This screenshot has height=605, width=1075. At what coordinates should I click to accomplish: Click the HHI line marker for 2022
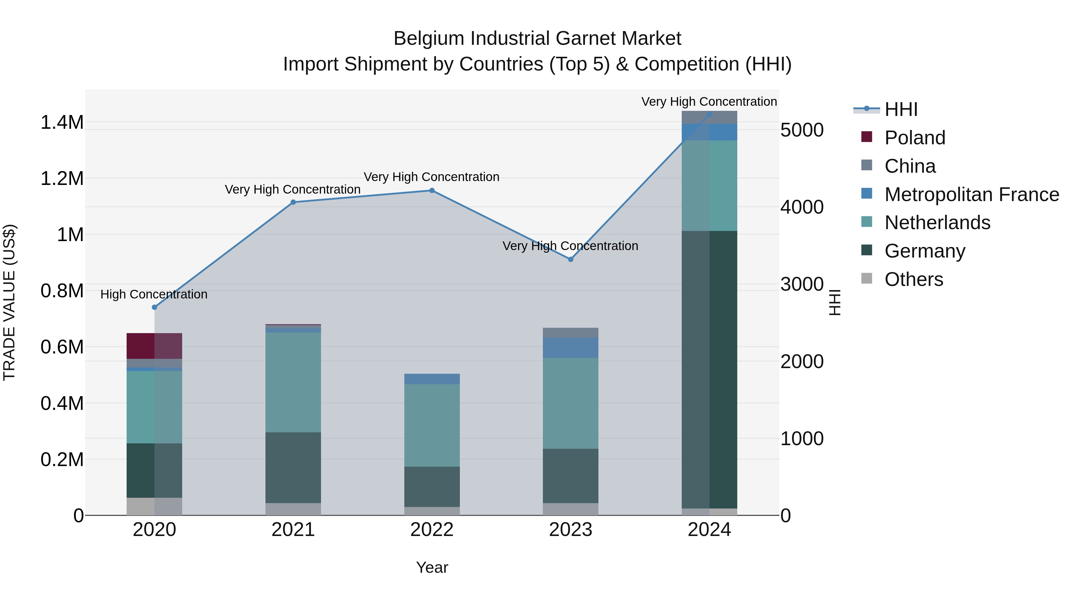(x=432, y=190)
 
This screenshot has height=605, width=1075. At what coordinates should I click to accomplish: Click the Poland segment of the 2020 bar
(x=154, y=346)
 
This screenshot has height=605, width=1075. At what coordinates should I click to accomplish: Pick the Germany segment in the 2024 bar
(x=709, y=370)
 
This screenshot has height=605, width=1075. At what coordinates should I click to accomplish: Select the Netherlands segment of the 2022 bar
(x=432, y=425)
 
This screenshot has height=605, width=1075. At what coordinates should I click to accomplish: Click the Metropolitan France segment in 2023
(x=570, y=348)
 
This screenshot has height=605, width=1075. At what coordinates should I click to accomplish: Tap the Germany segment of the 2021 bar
(x=293, y=467)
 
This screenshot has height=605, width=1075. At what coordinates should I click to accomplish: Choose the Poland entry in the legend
(x=914, y=138)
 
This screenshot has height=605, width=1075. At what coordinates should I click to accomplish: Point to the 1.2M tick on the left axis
(x=62, y=179)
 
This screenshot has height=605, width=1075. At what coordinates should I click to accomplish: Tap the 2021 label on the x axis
(x=293, y=530)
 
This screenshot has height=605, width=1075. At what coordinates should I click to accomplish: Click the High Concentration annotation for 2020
(x=154, y=294)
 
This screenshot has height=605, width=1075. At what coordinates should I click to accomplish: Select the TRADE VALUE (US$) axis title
(x=9, y=302)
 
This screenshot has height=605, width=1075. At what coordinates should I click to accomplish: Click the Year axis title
(x=432, y=567)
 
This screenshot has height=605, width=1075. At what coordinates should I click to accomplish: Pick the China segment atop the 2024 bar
(x=709, y=117)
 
